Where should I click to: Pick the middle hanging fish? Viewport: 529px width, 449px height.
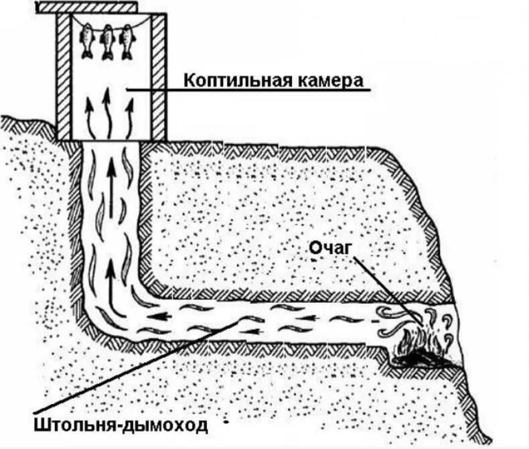click(x=106, y=42)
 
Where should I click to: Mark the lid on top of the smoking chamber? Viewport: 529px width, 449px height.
click(x=87, y=7)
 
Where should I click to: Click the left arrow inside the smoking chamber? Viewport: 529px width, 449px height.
click(x=88, y=114)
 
